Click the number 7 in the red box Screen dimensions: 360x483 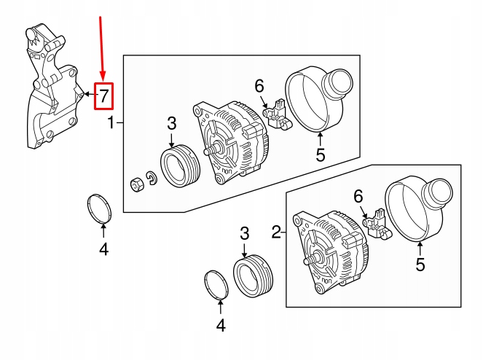coord(104,95)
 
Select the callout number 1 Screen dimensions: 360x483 coord(111,123)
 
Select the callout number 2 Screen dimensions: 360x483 coord(276,232)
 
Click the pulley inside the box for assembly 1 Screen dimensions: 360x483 coord(175,165)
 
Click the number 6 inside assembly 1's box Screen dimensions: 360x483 coord(259,87)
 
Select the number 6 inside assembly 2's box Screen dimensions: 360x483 coord(358,196)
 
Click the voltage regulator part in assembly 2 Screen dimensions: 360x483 coord(377,224)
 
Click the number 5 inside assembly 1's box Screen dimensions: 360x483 coord(320,154)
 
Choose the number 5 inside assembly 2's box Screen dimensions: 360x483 coord(420,265)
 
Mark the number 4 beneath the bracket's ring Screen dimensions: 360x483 coord(103,250)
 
